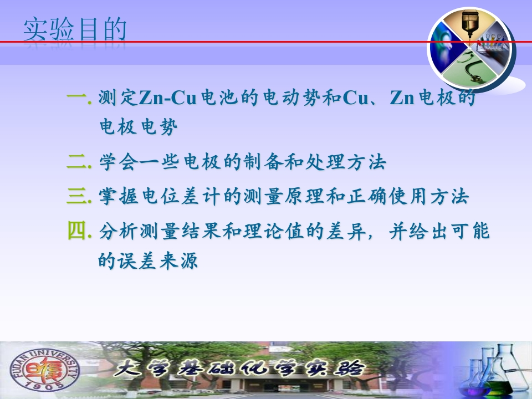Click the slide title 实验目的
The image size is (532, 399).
click(75, 29)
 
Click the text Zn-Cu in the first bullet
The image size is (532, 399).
click(167, 98)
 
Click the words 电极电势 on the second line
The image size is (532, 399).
click(139, 126)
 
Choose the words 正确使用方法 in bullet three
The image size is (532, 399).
click(407, 196)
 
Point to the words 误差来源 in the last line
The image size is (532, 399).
click(157, 260)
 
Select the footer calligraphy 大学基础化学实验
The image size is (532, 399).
click(239, 369)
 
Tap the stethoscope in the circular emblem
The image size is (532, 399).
click(470, 67)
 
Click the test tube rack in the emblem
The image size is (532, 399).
click(493, 42)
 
